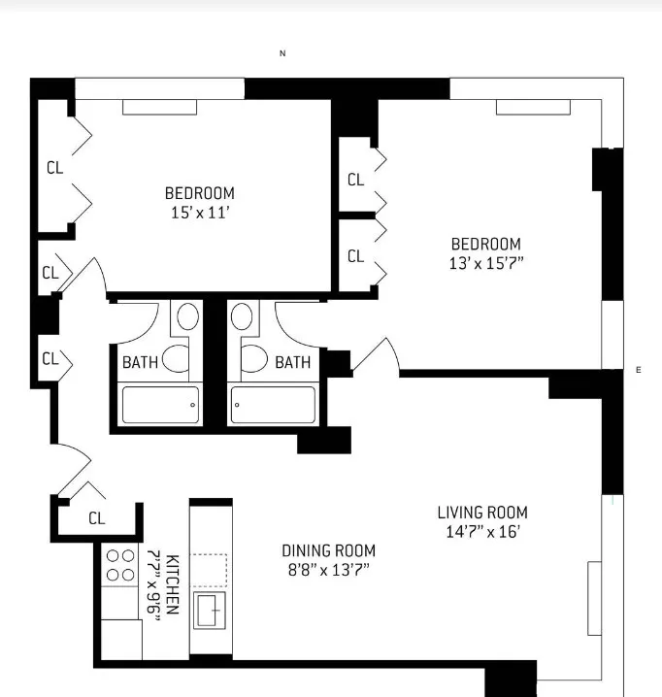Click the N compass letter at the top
[x=282, y=54]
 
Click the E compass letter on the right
[x=638, y=370]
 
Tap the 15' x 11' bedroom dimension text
[x=199, y=213]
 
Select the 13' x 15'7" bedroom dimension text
[x=485, y=263]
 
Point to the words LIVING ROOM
[x=482, y=513]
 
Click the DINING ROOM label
[x=328, y=550]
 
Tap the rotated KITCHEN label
[x=173, y=584]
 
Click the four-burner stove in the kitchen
[x=119, y=566]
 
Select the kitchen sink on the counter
[x=209, y=611]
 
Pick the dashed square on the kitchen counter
[x=209, y=570]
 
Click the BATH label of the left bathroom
[x=140, y=362]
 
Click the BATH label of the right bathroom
[x=293, y=362]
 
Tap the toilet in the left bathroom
[x=177, y=358]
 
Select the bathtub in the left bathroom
[x=161, y=405]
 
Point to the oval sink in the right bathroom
[x=242, y=316]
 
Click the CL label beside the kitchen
[x=96, y=518]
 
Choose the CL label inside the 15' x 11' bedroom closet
[x=54, y=168]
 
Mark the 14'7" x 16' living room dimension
[x=481, y=531]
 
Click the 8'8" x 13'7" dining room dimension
[x=328, y=569]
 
